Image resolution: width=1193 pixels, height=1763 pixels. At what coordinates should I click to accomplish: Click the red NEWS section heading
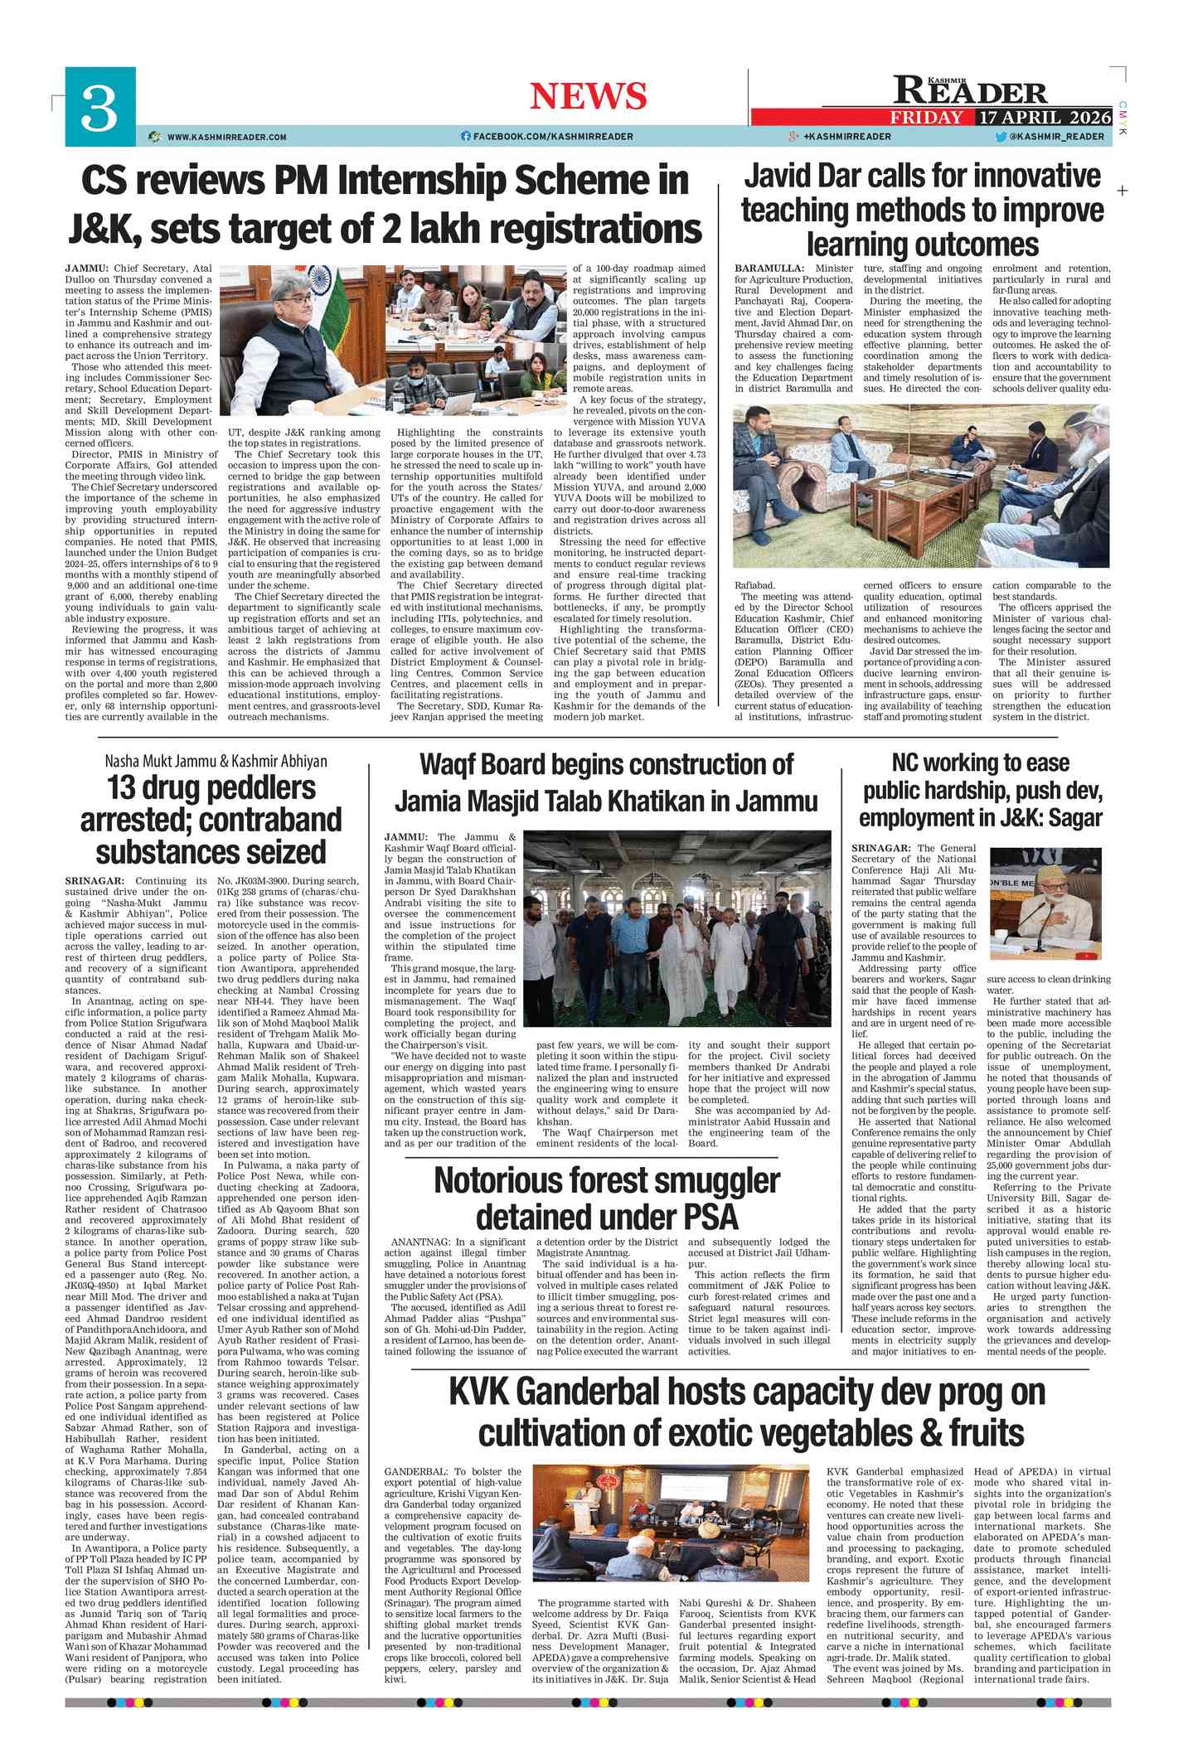[588, 96]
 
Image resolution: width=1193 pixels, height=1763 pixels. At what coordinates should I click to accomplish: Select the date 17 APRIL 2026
[1044, 117]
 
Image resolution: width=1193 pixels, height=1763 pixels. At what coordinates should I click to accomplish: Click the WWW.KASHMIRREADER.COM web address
[226, 137]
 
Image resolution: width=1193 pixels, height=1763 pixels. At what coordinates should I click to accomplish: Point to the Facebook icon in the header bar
[465, 137]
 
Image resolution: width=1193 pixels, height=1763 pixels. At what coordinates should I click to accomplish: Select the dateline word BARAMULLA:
[769, 269]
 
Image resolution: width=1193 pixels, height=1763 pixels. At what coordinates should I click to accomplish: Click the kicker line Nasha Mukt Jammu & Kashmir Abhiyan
[216, 761]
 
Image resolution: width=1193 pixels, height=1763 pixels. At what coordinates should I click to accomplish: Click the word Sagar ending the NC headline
[1074, 819]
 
